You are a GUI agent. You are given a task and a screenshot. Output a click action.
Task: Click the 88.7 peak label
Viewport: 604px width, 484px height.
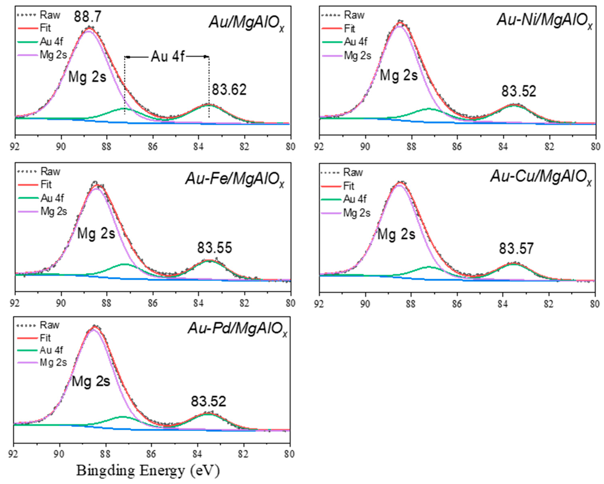coord(87,17)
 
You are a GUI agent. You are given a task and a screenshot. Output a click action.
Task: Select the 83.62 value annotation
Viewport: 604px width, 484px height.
coord(229,90)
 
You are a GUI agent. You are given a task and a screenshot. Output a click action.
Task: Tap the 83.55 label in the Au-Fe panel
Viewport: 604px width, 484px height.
coord(215,248)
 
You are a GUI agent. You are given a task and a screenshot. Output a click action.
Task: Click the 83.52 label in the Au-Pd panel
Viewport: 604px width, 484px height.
coord(208,401)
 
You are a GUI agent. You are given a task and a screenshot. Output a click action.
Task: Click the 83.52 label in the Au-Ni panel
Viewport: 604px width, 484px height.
coord(519,91)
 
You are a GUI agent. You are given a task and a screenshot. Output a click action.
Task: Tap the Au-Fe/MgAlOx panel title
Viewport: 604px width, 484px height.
coord(235,179)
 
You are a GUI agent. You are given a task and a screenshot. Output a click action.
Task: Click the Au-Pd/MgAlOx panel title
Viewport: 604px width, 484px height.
coord(238,328)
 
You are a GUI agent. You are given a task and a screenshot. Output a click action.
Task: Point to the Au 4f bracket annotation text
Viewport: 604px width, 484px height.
coord(167,57)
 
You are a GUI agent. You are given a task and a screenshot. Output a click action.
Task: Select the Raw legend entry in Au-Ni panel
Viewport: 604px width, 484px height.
coord(354,15)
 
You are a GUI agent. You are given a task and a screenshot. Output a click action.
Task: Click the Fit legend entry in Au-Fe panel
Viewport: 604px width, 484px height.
coord(46,185)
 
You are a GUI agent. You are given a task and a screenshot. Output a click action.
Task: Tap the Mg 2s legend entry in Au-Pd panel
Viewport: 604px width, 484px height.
coord(53,363)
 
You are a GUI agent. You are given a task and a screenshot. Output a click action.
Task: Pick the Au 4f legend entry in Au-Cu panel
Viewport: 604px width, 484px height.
coord(355,199)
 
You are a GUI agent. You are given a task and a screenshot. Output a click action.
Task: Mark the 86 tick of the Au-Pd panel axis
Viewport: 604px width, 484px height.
coord(151,454)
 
